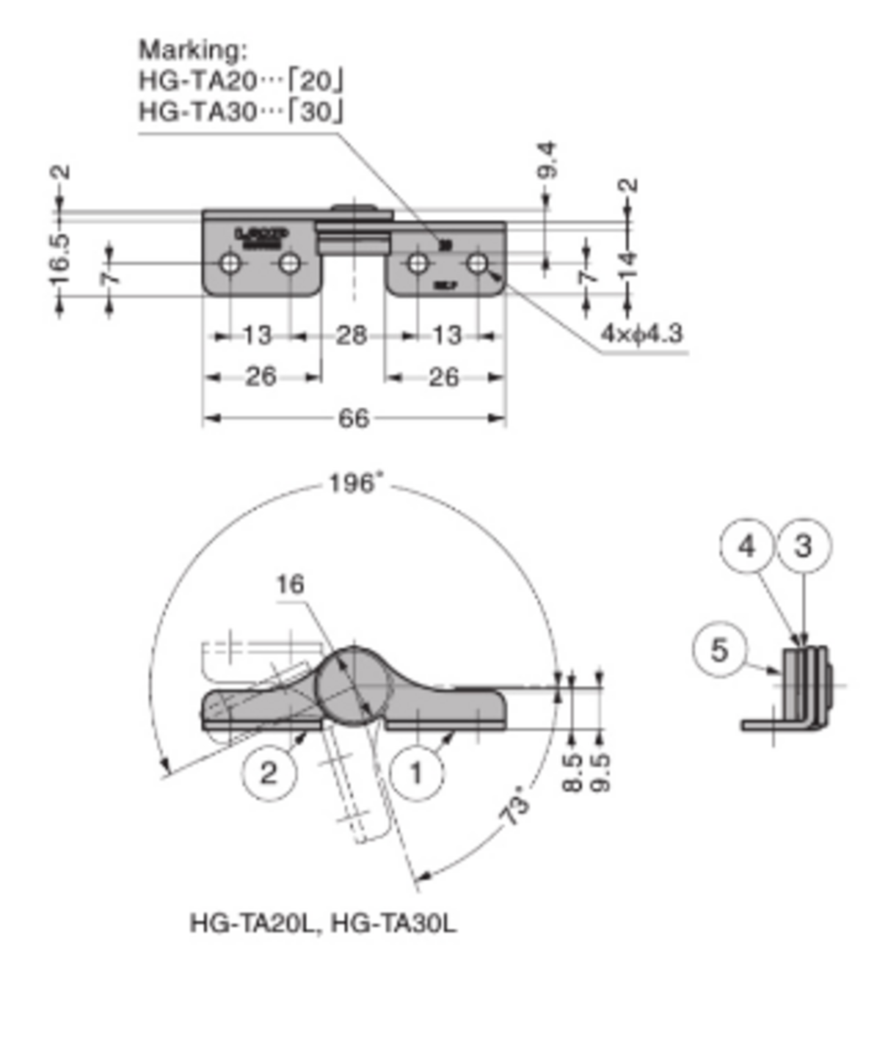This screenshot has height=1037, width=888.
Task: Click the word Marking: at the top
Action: click(193, 50)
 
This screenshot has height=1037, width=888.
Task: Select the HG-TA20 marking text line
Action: click(240, 81)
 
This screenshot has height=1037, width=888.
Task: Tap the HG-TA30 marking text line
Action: click(240, 111)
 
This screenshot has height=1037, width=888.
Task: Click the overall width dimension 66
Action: click(353, 418)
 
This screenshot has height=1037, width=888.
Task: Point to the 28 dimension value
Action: click(351, 336)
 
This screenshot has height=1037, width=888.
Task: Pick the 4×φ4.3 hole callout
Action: click(641, 334)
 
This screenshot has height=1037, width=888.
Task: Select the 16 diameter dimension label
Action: click(290, 585)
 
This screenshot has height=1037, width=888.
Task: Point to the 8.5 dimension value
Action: click(572, 772)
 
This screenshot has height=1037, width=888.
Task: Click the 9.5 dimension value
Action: click(600, 772)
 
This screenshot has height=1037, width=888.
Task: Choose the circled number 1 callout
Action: click(416, 773)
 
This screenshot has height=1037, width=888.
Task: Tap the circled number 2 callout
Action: click(268, 773)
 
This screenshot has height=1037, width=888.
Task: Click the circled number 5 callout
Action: click(719, 650)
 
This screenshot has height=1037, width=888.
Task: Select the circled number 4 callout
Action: click(746, 546)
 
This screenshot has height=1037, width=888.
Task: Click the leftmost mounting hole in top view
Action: click(230, 263)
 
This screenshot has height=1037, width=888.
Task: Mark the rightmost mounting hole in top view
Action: click(477, 263)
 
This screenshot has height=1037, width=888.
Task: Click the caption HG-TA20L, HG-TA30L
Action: click(323, 924)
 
